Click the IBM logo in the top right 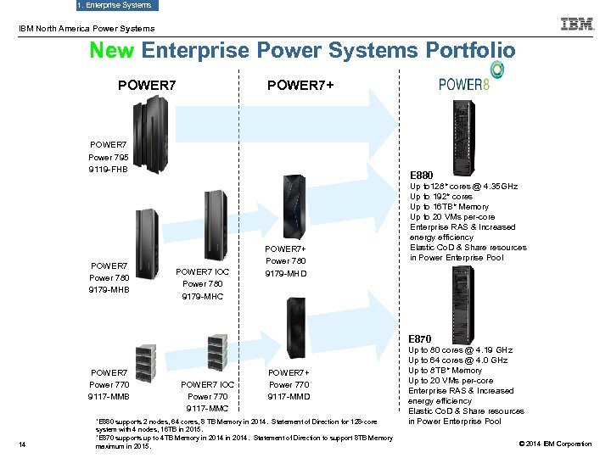tap(576, 25)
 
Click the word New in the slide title tap(112, 51)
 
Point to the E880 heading tap(422, 176)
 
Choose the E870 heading tap(422, 339)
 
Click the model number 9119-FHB tap(108, 170)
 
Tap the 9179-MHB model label tap(108, 290)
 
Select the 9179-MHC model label tap(202, 297)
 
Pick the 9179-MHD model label tap(287, 274)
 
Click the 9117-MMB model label tap(108, 396)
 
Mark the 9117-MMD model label tap(289, 396)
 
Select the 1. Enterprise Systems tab tap(115, 5)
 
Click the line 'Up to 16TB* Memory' tap(449, 207)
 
